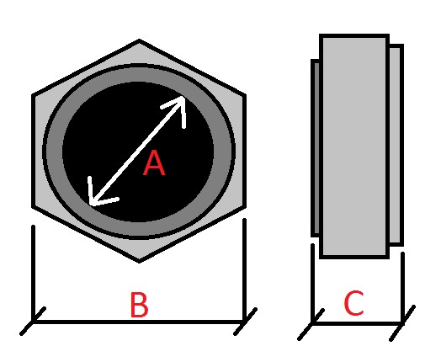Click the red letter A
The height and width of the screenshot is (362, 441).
pos(154,162)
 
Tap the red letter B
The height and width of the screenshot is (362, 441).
pos(139,305)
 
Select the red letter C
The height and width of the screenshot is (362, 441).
pos(354,303)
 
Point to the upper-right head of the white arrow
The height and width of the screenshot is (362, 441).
pos(183,98)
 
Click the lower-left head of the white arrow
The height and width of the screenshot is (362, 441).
pos(91,204)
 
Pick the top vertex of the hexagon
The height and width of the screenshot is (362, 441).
pos(139,40)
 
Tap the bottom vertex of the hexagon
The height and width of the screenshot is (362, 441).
pos(139,262)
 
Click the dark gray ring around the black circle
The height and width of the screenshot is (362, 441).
pos(139,74)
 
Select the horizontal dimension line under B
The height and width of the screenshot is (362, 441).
pos(138,322)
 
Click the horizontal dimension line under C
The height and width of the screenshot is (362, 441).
pos(357,324)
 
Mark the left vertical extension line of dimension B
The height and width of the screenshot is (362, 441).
pos(34,274)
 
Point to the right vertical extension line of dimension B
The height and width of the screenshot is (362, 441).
pos(244,270)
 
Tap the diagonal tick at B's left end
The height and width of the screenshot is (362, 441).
pos(33,322)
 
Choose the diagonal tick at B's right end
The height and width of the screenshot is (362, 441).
pos(245,322)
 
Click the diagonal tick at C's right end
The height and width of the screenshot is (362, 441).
pos(402,323)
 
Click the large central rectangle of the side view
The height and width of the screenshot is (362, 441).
pos(354,146)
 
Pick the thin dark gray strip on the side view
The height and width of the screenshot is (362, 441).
pos(316,148)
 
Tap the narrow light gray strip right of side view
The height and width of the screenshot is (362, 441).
pos(396,145)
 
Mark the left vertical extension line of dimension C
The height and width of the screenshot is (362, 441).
pos(312,284)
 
